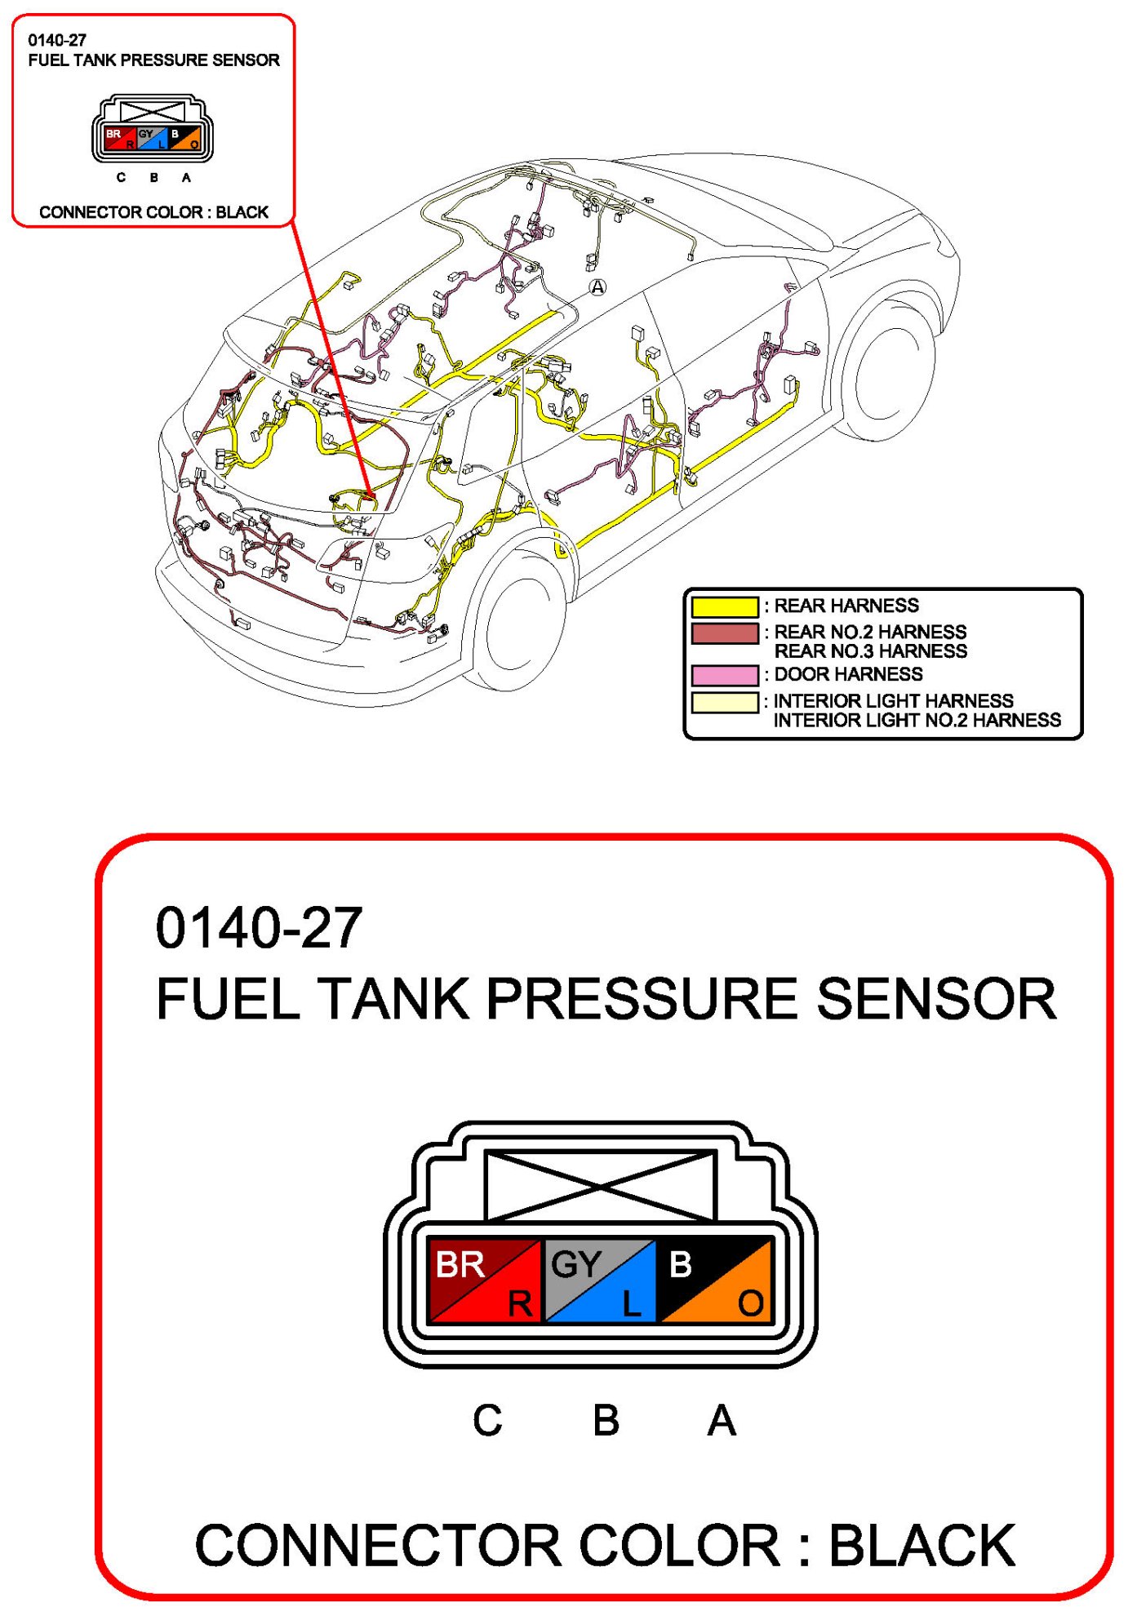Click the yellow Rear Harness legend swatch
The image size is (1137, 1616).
(x=725, y=606)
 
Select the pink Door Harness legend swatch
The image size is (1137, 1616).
(x=725, y=675)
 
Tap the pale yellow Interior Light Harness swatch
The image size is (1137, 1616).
(x=725, y=702)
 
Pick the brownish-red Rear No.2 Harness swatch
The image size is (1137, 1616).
(x=725, y=633)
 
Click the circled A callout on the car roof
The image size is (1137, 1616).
(x=598, y=287)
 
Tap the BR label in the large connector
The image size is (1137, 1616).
(x=460, y=1265)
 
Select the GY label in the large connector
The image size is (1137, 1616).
(x=576, y=1265)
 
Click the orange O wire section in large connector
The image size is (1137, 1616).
(x=739, y=1298)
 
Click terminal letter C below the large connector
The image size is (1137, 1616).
(x=487, y=1421)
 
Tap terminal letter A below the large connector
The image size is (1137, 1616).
(x=722, y=1421)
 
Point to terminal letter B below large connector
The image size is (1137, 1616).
(x=606, y=1421)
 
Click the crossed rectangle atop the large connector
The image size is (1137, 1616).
(x=600, y=1185)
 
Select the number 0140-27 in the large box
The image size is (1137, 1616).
(x=259, y=929)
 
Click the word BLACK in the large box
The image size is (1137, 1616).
(x=922, y=1545)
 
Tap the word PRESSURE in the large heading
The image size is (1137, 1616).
(x=642, y=999)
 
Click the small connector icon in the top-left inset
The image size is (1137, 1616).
(x=153, y=131)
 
